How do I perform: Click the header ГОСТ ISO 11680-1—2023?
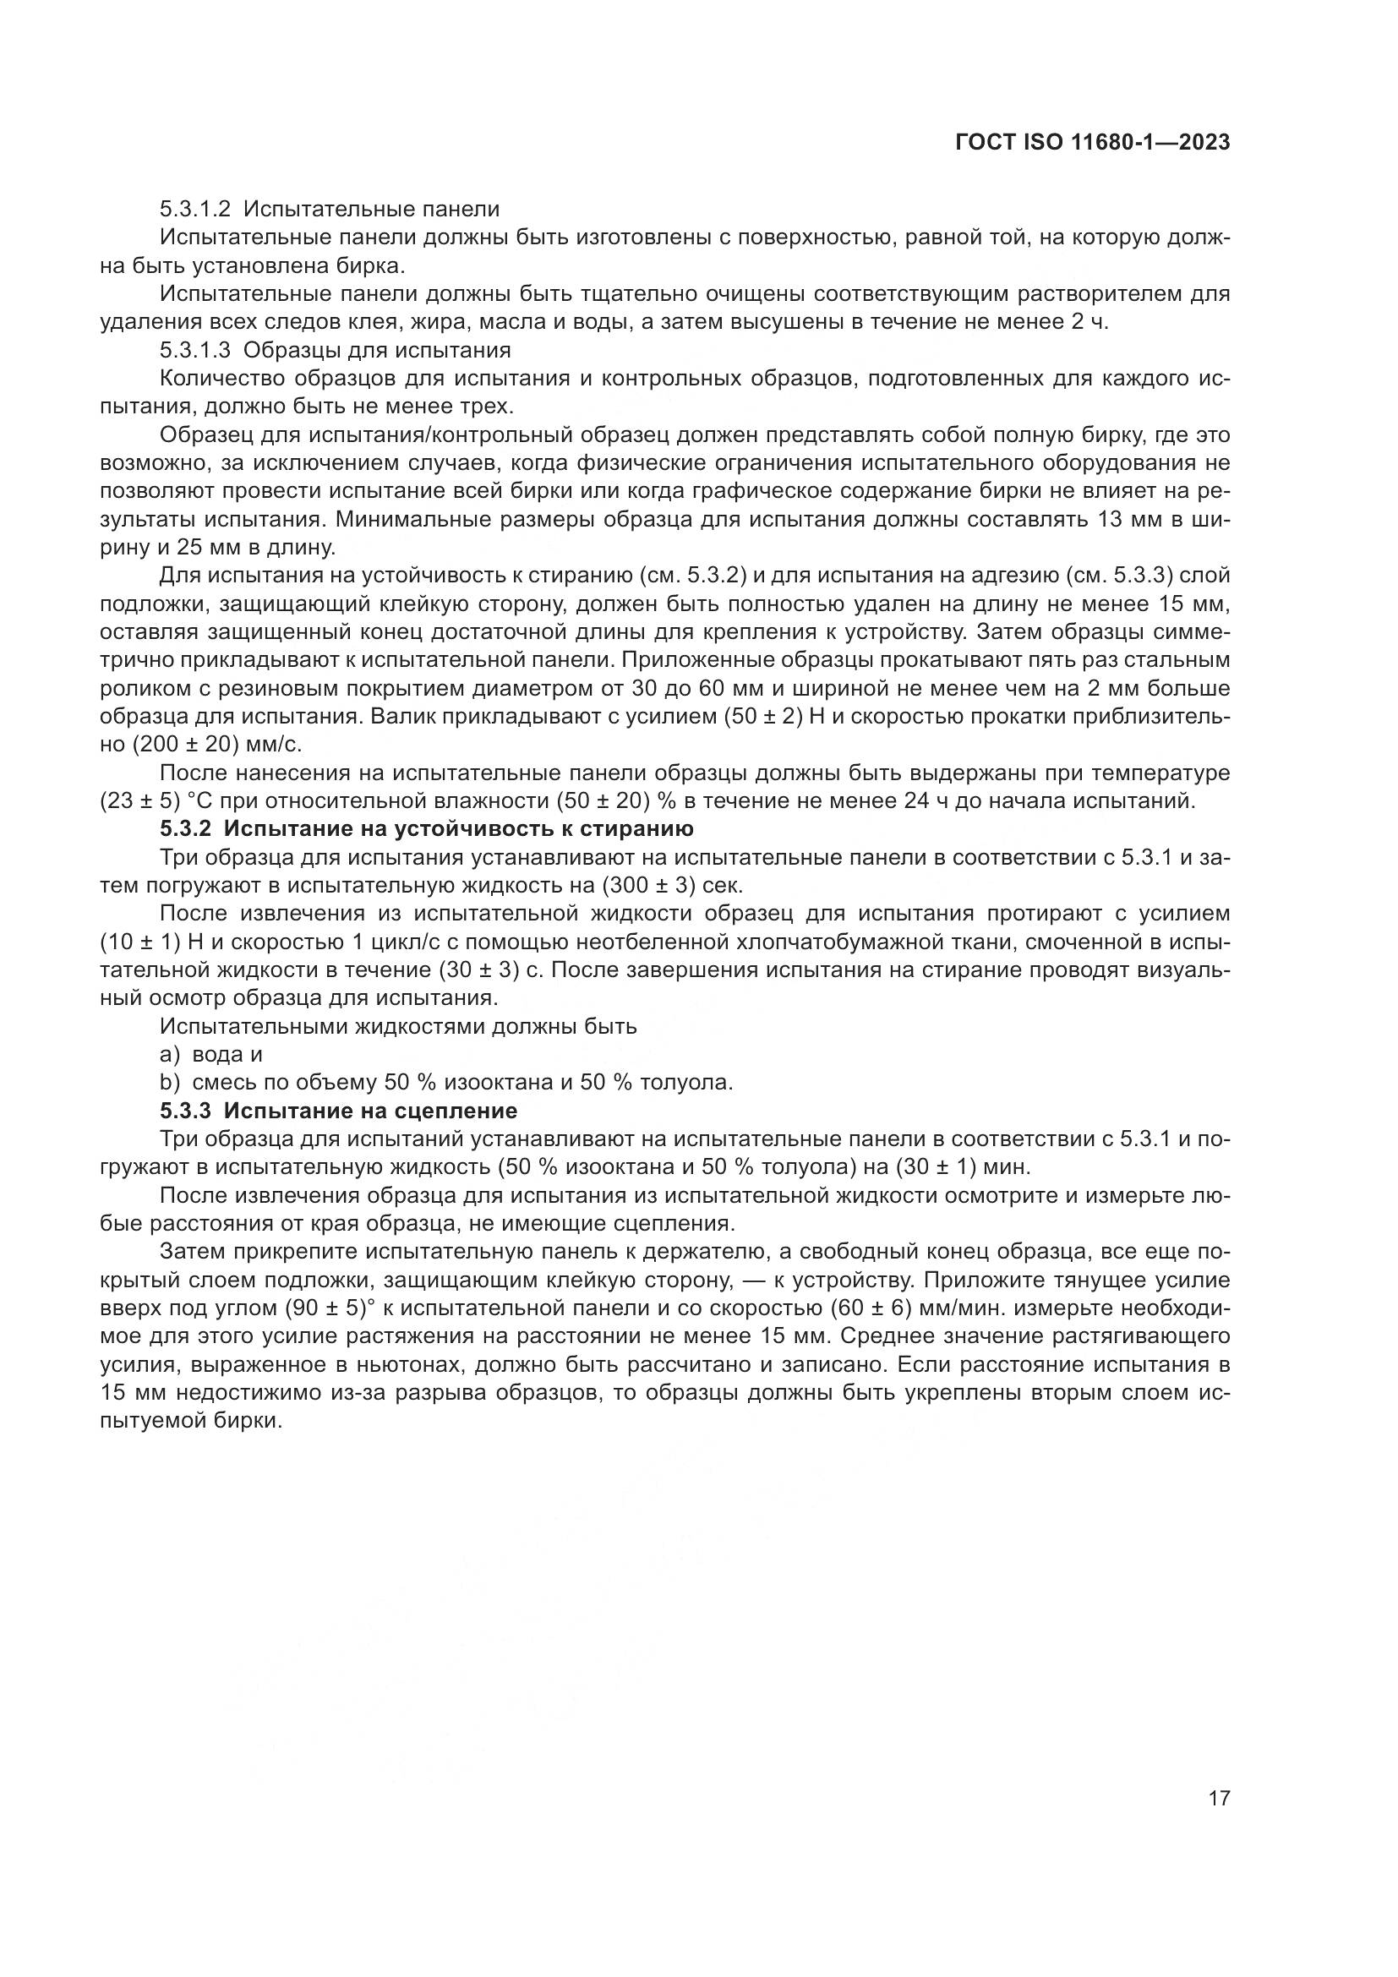pos(1091,142)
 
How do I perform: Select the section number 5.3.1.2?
pos(194,210)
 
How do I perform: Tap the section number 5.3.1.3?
pos(194,351)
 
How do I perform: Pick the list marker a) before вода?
pos(171,1054)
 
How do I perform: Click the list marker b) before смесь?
pos(171,1083)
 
